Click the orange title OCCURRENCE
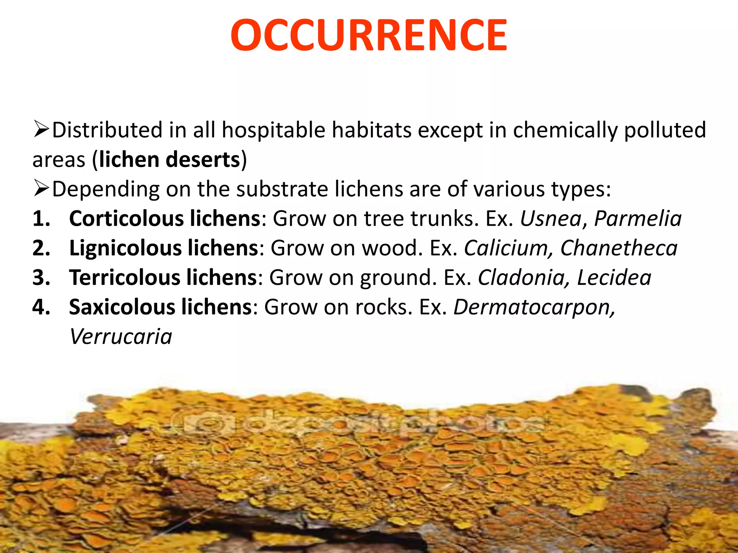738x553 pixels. coord(369,36)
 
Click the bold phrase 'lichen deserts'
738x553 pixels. coord(170,159)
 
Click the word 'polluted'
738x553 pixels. coord(664,130)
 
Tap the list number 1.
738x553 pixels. coord(41,219)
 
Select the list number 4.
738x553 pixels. coord(41,307)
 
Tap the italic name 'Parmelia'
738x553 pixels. coord(637,219)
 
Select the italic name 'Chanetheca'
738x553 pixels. coord(618,248)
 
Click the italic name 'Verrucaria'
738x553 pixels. coord(121,337)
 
